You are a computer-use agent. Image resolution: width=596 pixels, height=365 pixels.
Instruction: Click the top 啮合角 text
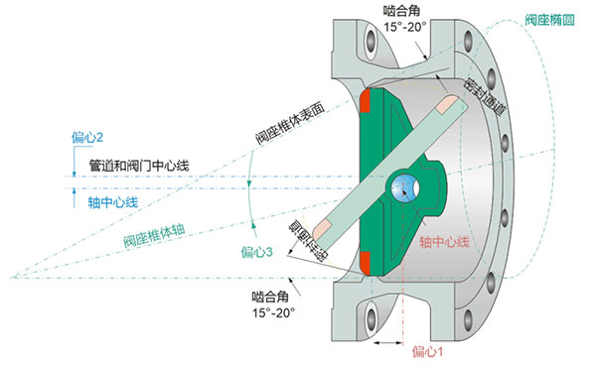coord(400,10)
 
